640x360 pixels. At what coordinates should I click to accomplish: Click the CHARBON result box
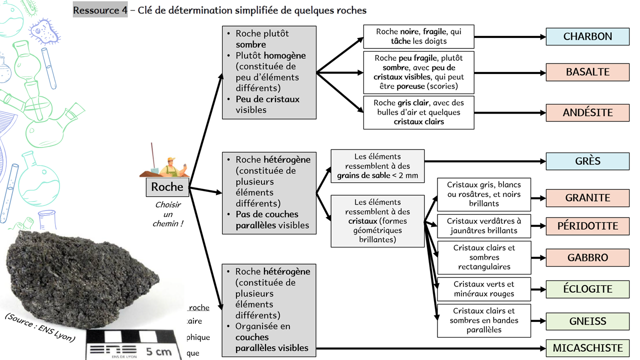tap(587, 36)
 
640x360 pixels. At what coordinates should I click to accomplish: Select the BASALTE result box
tap(587, 72)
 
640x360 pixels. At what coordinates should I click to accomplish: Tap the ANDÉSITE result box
tap(587, 112)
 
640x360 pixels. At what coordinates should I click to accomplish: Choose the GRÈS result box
tap(587, 161)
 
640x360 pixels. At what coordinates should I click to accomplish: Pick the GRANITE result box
tap(587, 198)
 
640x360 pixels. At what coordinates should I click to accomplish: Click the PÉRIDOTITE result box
tap(587, 226)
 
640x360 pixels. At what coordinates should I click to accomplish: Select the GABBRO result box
tap(587, 258)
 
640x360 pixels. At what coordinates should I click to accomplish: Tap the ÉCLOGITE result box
tap(587, 289)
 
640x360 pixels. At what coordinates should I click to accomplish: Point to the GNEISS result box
tap(587, 321)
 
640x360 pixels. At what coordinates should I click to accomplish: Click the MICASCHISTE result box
tap(587, 348)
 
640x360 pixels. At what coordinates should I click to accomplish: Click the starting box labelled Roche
tap(167, 187)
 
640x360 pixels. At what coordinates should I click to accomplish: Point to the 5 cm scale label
tap(159, 351)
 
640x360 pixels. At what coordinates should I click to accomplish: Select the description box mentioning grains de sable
tap(377, 166)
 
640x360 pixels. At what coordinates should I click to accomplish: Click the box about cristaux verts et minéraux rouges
tap(483, 288)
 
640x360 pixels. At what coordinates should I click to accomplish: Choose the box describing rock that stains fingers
tap(418, 36)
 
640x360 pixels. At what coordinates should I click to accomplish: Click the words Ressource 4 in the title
tap(100, 10)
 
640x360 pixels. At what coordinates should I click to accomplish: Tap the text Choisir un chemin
tap(167, 214)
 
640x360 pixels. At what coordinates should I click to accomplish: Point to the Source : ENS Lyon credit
tap(40, 328)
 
